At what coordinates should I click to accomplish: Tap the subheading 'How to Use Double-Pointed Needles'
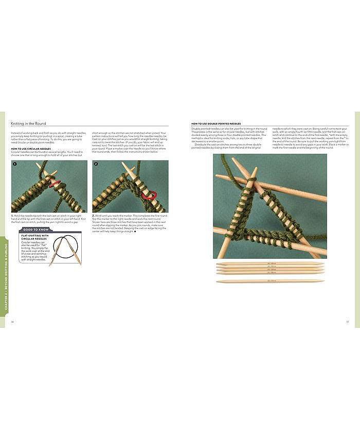tap(216, 124)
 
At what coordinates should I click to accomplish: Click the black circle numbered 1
tap(15, 164)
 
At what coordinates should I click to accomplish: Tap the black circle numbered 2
tap(96, 164)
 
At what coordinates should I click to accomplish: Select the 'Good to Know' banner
tap(36, 230)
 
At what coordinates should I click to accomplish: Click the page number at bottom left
tap(12, 323)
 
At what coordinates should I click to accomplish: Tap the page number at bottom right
tap(347, 323)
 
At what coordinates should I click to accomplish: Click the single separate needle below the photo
tap(270, 281)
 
